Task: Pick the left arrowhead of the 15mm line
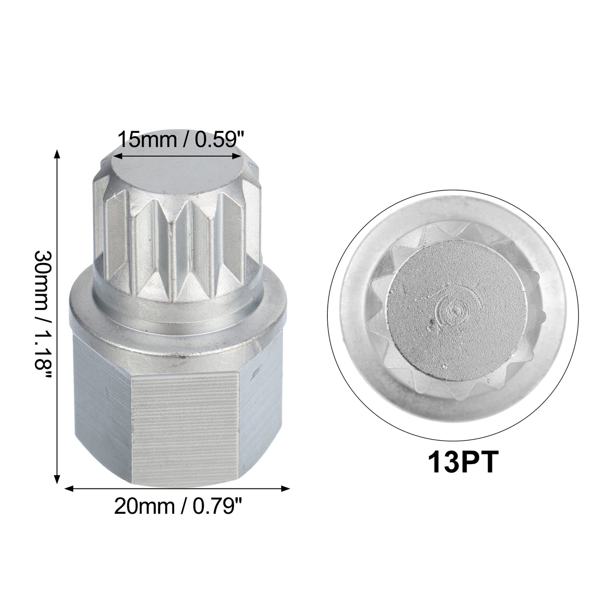[x=118, y=156]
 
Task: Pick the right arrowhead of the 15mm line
[x=237, y=156]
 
